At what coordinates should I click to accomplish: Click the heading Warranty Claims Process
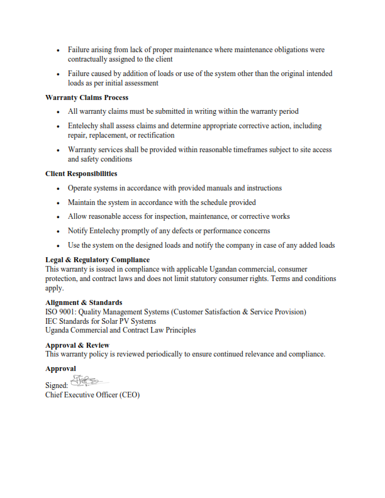pyautogui.click(x=87, y=97)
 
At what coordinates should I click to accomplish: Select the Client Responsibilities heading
pyautogui.click(x=81, y=174)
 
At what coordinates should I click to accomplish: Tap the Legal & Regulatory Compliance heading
pyautogui.click(x=98, y=260)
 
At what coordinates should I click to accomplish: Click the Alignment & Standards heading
pyautogui.click(x=84, y=302)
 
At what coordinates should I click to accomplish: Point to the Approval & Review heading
pyautogui.click(x=77, y=345)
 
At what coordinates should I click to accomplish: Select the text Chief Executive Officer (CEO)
pyautogui.click(x=92, y=395)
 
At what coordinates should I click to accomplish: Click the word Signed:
pyautogui.click(x=57, y=385)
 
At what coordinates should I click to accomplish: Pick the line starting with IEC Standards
pyautogui.click(x=101, y=321)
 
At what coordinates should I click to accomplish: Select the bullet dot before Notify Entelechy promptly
pyautogui.click(x=59, y=231)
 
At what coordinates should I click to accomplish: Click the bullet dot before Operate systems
pyautogui.click(x=59, y=189)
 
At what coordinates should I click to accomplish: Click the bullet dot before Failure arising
pyautogui.click(x=59, y=50)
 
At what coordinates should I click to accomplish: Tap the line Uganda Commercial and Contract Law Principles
pyautogui.click(x=120, y=330)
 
